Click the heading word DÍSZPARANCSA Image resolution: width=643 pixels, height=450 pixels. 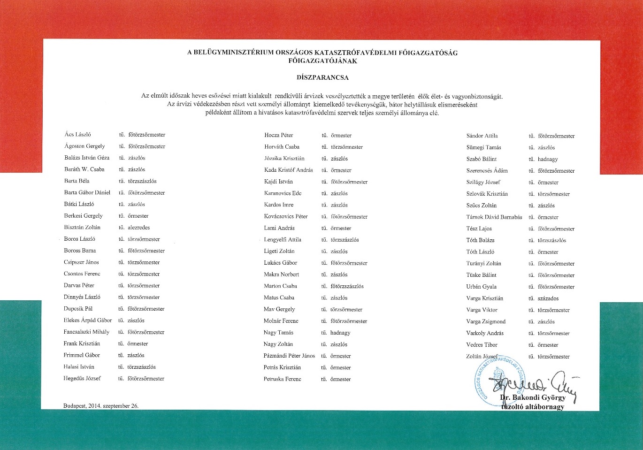coord(322,77)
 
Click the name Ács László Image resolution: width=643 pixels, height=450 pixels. coord(78,135)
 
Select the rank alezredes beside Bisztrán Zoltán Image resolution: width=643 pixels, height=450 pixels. coord(139,228)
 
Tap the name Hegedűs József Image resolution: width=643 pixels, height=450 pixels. coord(82,378)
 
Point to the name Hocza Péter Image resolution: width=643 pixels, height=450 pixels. coord(279,135)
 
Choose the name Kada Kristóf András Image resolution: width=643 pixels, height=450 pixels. coord(289,170)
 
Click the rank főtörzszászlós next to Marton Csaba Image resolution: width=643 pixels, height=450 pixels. coord(347,286)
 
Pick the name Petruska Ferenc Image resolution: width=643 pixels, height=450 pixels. coord(283,379)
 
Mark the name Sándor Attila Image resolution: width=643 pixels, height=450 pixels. coord(482,136)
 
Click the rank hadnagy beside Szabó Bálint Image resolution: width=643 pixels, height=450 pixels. coord(548,159)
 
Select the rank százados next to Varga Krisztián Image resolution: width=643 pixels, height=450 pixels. coord(548,298)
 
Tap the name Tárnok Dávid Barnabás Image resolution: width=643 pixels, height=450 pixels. coord(494,217)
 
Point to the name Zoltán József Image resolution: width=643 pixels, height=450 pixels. coord(482,356)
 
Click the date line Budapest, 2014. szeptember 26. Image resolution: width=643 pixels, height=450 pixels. coord(101,406)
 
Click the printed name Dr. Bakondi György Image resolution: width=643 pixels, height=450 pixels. coord(533,397)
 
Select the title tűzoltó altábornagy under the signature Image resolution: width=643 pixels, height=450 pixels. coord(533,407)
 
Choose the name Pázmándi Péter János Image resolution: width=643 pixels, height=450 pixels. coord(289,356)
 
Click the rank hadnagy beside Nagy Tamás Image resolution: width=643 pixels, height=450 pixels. coord(340,333)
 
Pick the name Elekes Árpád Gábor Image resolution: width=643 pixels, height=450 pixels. coord(88,320)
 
